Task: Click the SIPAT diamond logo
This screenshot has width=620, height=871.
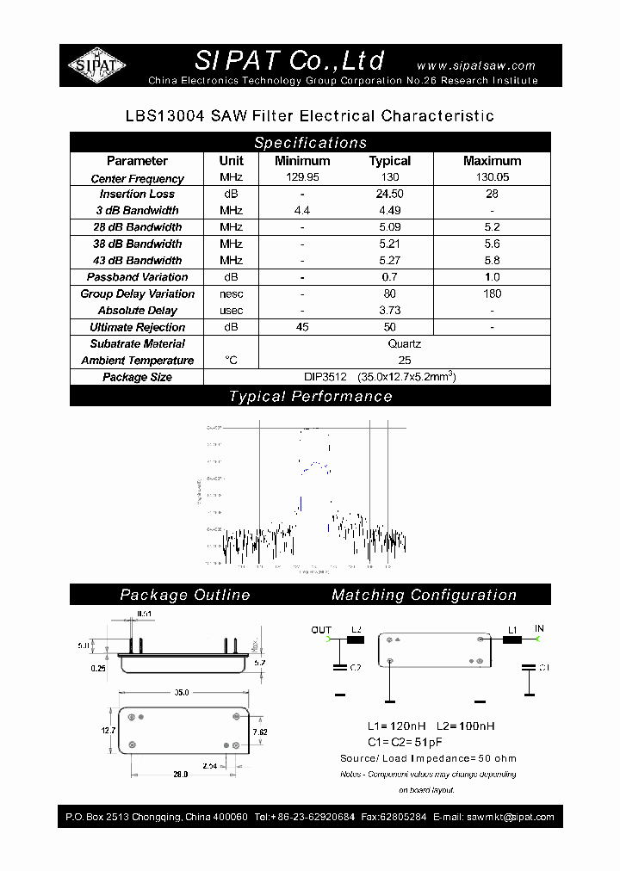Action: click(x=96, y=65)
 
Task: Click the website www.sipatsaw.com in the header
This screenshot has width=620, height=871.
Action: click(x=475, y=65)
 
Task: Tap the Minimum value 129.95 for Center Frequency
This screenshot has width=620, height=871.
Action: click(x=302, y=178)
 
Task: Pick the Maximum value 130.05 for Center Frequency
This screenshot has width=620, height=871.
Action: click(x=492, y=178)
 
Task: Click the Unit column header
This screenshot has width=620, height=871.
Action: click(x=231, y=161)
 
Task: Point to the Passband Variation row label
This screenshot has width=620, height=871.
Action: click(x=137, y=277)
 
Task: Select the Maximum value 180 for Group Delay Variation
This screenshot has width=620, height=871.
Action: click(x=492, y=293)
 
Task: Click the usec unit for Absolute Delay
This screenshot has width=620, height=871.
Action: click(x=231, y=311)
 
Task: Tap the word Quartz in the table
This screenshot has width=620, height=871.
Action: click(x=405, y=343)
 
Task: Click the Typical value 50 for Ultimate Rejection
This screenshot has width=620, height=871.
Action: click(x=390, y=327)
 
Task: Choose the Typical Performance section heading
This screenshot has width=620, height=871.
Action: click(x=310, y=397)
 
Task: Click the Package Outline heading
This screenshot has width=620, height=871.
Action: click(x=185, y=595)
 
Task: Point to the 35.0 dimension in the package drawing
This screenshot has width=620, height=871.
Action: click(x=182, y=691)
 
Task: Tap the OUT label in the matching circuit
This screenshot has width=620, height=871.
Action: click(x=320, y=630)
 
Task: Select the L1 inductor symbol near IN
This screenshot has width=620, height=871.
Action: click(x=512, y=639)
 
